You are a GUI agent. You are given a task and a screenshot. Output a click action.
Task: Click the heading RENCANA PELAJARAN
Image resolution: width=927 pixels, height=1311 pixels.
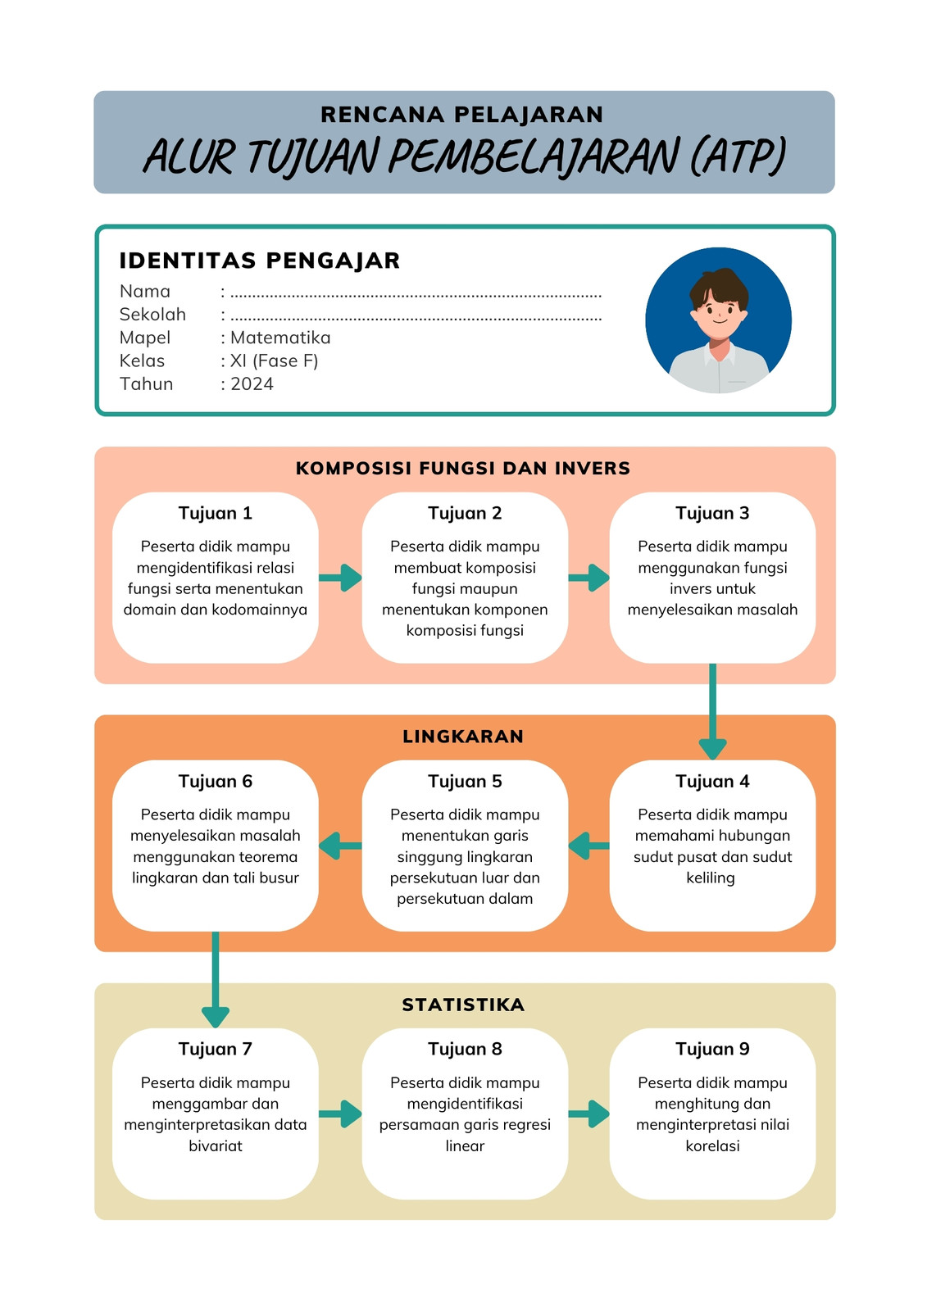point(461,114)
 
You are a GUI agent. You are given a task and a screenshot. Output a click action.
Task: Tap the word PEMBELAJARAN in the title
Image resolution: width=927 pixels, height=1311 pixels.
point(533,157)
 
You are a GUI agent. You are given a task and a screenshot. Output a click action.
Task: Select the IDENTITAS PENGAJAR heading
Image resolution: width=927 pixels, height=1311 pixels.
point(260,261)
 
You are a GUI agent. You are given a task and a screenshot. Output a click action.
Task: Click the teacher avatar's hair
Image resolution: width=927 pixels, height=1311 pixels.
point(719,286)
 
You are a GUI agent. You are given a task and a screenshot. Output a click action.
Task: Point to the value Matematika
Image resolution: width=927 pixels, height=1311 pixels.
point(280,338)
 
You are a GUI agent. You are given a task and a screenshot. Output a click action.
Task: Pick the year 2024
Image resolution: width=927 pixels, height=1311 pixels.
point(252,384)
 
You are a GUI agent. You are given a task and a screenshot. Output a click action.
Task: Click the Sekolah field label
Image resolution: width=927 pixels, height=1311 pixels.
point(152,315)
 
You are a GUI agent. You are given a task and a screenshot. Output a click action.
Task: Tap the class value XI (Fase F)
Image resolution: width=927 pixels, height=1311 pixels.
point(274,361)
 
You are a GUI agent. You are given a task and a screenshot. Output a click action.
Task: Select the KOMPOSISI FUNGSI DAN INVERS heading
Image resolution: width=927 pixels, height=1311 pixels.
point(462,468)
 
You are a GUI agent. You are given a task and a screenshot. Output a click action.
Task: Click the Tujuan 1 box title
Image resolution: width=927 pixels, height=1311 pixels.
point(215,513)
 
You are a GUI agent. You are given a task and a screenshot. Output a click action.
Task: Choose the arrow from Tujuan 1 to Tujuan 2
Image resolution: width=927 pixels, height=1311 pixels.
point(340,578)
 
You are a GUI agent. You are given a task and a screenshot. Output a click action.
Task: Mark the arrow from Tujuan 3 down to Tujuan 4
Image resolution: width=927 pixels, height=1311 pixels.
point(713,712)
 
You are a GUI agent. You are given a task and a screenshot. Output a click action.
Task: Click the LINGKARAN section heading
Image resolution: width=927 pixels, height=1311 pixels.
point(462,737)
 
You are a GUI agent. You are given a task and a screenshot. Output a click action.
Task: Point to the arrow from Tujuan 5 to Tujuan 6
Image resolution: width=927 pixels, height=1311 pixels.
point(340,846)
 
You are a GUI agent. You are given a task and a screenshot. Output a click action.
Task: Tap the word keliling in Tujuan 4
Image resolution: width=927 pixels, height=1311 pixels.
point(711,878)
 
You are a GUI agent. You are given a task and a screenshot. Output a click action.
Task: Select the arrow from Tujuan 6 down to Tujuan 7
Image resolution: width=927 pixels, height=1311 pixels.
point(216,980)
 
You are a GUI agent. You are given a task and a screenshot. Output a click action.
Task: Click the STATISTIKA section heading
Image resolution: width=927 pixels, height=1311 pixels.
point(462,1005)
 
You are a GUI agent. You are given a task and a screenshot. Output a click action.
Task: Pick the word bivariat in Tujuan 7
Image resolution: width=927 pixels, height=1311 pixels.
point(215,1145)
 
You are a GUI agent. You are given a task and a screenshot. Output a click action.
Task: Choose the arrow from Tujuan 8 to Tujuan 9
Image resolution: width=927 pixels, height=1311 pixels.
point(588,1114)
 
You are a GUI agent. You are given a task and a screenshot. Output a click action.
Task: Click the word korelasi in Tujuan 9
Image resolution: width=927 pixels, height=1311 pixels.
point(712,1145)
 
